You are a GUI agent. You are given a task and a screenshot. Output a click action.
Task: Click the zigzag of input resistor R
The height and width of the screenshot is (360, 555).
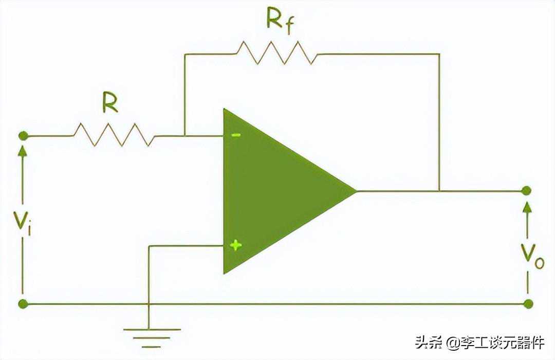click(x=114, y=135)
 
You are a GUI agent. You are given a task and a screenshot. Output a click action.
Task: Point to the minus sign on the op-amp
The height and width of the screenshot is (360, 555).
click(x=236, y=136)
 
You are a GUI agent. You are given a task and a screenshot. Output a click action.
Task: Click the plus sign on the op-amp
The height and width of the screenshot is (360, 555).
click(x=236, y=245)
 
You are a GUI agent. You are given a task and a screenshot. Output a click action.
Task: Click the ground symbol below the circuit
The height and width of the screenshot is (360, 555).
click(x=149, y=334)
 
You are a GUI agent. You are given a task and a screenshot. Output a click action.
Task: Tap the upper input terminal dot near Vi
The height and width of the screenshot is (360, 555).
click(x=23, y=136)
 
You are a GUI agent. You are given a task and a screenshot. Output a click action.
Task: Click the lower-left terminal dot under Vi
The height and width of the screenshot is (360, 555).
click(x=23, y=303)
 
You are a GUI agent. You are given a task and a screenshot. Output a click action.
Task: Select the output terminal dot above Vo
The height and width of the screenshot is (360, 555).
click(x=526, y=191)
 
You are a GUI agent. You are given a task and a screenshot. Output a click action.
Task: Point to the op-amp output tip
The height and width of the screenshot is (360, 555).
click(x=356, y=191)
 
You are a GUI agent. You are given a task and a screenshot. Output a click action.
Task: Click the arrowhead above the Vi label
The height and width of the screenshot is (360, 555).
click(x=23, y=150)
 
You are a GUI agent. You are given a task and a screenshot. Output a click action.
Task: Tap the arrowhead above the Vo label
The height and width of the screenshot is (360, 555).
click(x=526, y=206)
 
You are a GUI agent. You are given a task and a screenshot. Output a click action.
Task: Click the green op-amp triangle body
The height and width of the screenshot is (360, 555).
click(x=272, y=191)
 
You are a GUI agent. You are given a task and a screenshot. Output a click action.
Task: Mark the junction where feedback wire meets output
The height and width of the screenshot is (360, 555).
click(x=439, y=191)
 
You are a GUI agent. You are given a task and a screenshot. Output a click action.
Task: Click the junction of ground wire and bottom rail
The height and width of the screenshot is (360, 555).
click(x=149, y=303)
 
